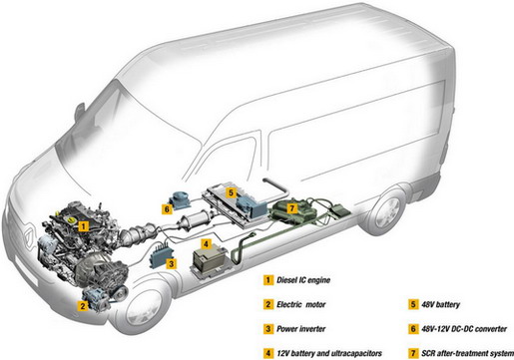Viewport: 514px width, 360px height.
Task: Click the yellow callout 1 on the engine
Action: point(84,226)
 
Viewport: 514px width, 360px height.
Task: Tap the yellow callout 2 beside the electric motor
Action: point(83,305)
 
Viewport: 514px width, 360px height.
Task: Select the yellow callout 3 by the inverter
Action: point(171,264)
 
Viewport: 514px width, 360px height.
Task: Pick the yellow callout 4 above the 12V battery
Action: point(206,244)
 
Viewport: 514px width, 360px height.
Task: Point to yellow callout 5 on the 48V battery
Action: point(232,192)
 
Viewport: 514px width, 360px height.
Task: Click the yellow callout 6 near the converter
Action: point(167,209)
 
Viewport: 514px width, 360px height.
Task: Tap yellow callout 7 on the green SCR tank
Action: point(291,208)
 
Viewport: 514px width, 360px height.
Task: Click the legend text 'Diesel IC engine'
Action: point(303,280)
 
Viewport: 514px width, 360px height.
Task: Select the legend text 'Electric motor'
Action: point(301,304)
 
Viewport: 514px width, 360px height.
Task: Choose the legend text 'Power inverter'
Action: point(301,329)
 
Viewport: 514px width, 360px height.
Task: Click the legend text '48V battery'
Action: point(440,304)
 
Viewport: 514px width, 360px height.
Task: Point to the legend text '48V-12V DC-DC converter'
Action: point(464,329)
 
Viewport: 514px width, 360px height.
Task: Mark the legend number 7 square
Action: point(413,353)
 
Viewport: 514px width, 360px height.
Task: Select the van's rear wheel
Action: point(387,211)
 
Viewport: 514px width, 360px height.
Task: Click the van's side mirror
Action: point(80,112)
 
